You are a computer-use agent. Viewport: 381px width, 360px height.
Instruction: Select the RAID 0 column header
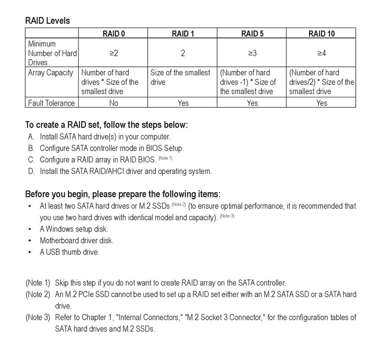click(x=113, y=33)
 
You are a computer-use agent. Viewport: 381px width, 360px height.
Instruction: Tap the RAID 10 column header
click(x=321, y=33)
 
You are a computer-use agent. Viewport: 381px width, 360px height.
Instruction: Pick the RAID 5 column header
click(x=252, y=33)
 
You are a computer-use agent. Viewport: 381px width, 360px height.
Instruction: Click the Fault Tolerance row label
click(x=51, y=103)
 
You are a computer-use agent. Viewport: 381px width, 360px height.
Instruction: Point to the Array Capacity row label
click(x=51, y=73)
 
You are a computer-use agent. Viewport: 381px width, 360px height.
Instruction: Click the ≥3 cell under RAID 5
click(x=252, y=53)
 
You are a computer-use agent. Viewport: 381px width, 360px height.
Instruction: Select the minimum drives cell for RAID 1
click(x=183, y=53)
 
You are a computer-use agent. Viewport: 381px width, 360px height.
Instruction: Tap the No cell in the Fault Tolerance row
click(x=113, y=103)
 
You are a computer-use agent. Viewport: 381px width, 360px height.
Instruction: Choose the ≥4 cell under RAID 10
click(x=321, y=53)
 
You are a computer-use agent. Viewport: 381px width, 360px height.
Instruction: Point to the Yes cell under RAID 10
click(x=321, y=103)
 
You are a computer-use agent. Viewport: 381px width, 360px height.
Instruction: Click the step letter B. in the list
click(x=31, y=148)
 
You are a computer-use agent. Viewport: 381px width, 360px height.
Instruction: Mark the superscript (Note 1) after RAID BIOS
click(x=165, y=158)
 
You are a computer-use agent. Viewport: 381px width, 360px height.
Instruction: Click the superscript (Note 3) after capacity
click(x=227, y=216)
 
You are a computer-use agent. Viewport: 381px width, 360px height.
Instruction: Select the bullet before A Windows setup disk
click(x=30, y=229)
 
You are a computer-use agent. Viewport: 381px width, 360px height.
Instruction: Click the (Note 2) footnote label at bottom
click(x=38, y=294)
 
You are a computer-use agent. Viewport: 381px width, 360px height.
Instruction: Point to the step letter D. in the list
click(x=31, y=171)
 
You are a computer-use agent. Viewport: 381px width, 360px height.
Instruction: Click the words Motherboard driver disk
click(x=77, y=241)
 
